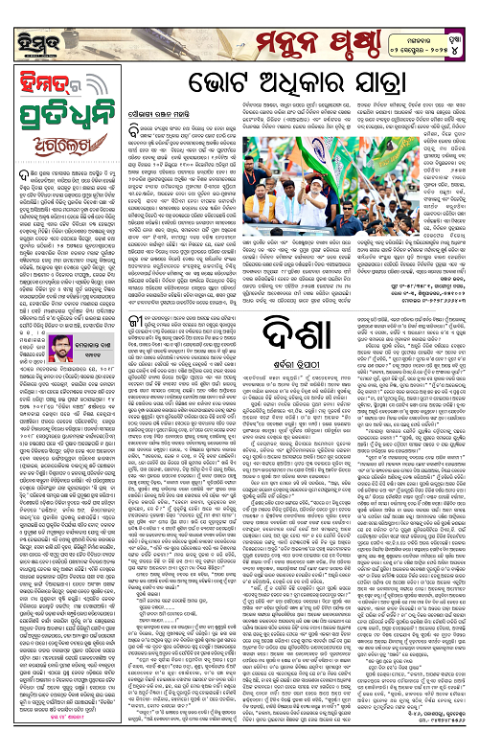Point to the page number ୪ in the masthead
462,27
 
